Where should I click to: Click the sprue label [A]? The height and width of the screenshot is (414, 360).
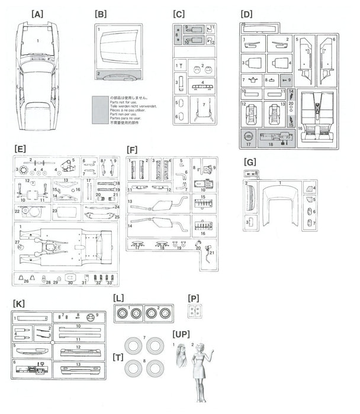click(38, 13)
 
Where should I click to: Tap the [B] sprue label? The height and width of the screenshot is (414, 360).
click(100, 13)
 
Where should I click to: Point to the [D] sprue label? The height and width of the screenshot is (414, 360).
click(247, 13)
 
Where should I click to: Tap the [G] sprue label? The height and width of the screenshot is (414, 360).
click(250, 161)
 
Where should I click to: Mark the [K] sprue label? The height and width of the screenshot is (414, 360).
click(18, 303)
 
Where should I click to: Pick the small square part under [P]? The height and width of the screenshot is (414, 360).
click(192, 311)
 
